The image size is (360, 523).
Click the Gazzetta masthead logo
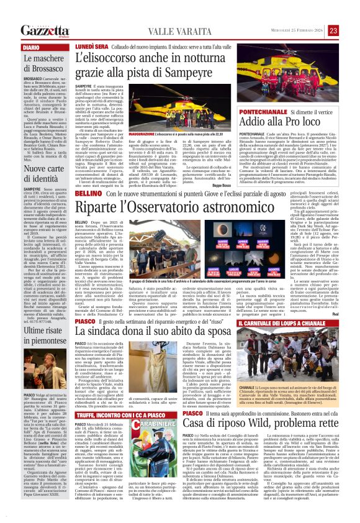click(43, 30)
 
